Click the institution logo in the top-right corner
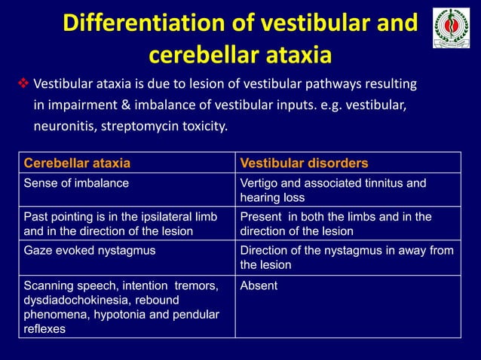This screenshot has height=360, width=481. click(x=451, y=28)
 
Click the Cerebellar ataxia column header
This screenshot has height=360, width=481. click(x=77, y=163)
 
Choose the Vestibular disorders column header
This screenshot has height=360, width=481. click(x=303, y=163)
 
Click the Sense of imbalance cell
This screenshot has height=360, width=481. click(x=76, y=183)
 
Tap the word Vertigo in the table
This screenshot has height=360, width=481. click(x=259, y=183)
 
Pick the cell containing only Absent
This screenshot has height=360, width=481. click(x=259, y=285)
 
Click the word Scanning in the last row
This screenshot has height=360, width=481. click(x=47, y=285)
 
